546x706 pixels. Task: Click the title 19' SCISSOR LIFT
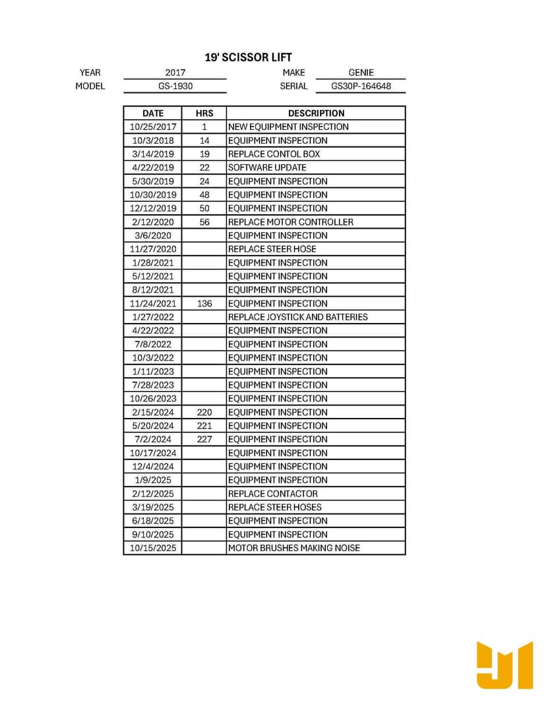pos(248,57)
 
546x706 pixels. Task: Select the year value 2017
pos(175,73)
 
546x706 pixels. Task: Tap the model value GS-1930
pos(175,86)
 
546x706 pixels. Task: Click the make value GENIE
pos(361,73)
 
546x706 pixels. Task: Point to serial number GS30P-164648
pos(361,86)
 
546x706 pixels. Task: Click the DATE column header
pos(152,113)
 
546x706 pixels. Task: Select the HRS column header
pos(204,113)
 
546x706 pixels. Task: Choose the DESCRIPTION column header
pos(316,113)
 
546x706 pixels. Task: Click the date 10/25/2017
pos(152,127)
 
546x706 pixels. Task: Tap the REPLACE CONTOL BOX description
pos(274,154)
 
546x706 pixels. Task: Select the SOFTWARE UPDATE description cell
pos(267,167)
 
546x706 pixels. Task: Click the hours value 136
pos(204,303)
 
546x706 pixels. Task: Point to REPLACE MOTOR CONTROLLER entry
pos(290,222)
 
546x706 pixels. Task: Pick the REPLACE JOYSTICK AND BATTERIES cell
pos(297,317)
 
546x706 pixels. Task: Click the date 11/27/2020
pos(152,249)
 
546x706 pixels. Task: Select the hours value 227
pos(204,439)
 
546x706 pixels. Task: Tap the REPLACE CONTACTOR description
pos(272,494)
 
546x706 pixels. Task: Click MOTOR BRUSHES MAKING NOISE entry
pos(293,548)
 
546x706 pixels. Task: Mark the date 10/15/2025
pos(152,548)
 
